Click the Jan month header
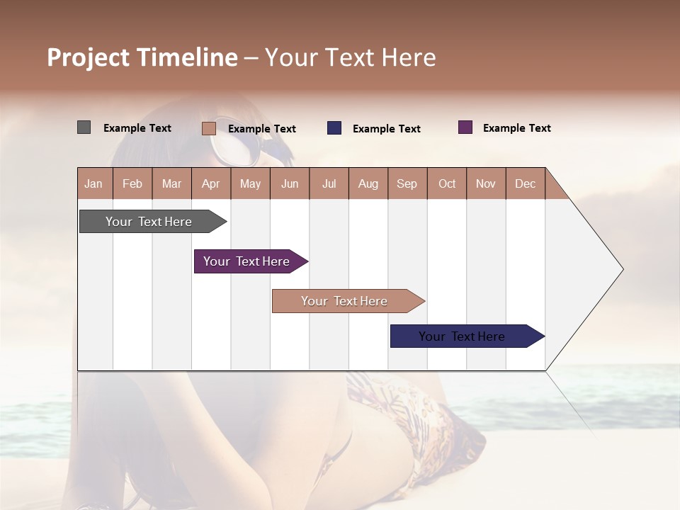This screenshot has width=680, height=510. coord(94,183)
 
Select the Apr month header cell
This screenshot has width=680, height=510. coord(211,183)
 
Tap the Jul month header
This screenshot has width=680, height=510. coord(329,183)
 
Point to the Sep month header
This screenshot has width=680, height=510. coord(407,183)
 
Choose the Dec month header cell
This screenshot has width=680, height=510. coord(525,183)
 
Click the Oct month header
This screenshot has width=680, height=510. coord(447,183)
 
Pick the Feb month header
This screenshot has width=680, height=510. coord(132,183)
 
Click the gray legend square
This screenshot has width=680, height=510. coord(84,127)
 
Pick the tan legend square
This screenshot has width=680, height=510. coord(209,128)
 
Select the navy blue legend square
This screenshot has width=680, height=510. coord(334,128)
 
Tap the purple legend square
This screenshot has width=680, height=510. coord(465,127)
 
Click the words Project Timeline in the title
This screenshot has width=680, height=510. coord(142,57)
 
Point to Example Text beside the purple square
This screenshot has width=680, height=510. coord(517,128)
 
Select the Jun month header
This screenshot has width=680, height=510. coord(290,183)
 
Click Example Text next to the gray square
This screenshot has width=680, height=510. coord(137,128)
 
